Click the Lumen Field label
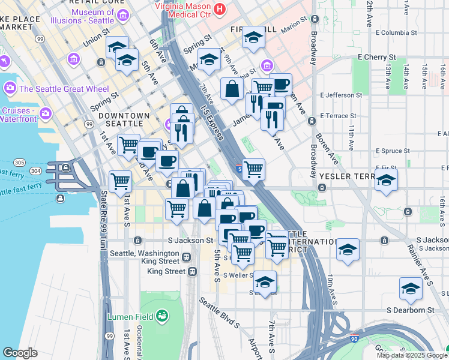click(x=130, y=316)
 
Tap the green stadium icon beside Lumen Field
click(x=161, y=316)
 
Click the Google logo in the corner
click(x=20, y=353)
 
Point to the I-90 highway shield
click(x=354, y=340)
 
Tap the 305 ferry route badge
click(x=20, y=163)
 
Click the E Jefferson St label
click(x=342, y=95)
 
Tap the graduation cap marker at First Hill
click(x=253, y=38)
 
